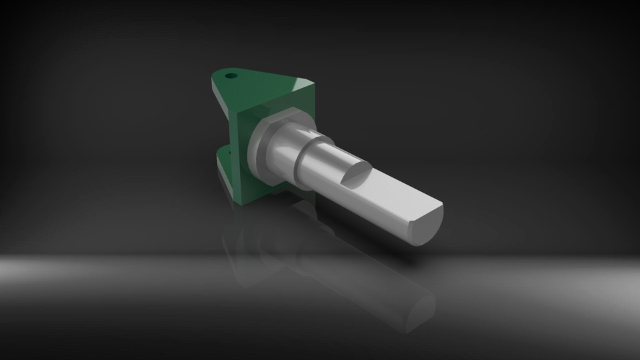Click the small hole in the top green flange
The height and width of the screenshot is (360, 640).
(x=231, y=75)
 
